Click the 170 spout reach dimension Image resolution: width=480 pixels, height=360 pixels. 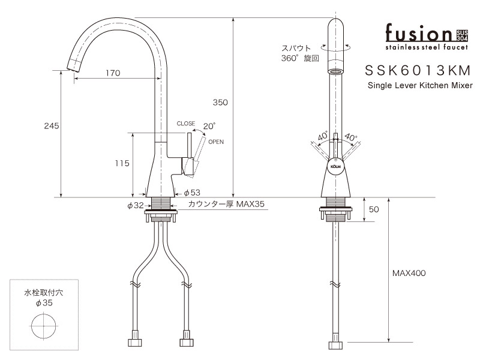pos(112,73)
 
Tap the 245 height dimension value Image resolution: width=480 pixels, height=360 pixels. pos(52,126)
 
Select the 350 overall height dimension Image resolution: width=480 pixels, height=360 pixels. pos(220,103)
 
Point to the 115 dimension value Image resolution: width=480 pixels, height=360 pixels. pos(122,163)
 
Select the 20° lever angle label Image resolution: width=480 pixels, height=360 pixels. pos(209,126)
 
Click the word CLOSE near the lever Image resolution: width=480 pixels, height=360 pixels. pos(185,124)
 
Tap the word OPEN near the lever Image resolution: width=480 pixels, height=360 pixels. pos(216,142)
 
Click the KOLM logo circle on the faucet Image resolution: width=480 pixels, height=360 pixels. pos(336,164)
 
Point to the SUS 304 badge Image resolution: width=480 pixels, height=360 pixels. pos(462,34)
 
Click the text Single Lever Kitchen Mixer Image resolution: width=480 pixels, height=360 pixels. pos(419,86)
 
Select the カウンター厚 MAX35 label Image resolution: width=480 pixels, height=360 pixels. pos(226,205)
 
